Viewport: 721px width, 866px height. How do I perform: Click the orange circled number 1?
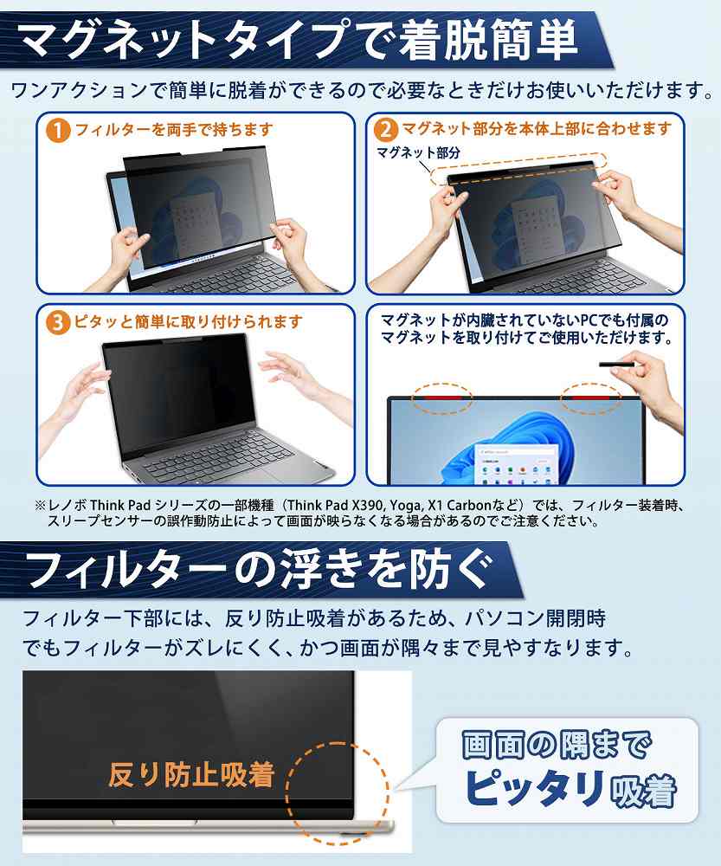58,131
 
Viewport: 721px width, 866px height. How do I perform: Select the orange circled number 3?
58,322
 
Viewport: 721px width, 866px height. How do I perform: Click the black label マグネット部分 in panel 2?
418,152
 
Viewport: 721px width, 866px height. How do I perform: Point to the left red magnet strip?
443,397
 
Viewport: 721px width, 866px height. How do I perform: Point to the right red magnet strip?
590,397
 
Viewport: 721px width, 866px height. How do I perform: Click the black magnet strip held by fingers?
618,365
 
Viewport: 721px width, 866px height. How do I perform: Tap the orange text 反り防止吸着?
191,774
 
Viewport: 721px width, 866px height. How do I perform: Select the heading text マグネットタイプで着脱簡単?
298,40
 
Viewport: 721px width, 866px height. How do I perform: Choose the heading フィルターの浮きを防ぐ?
260,571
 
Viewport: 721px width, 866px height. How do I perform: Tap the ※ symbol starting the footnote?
40,506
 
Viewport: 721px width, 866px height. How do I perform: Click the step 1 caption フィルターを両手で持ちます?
174,131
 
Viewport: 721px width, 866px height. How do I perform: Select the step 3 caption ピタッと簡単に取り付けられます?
188,321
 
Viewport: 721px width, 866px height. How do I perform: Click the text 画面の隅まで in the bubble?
557,745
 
